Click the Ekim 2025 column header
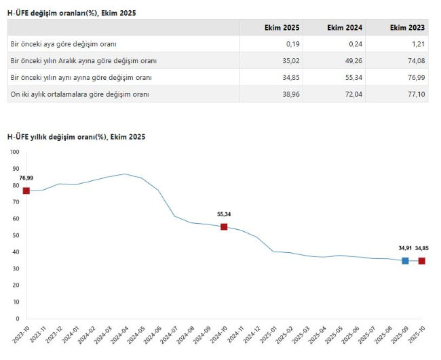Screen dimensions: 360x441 [x=282, y=28]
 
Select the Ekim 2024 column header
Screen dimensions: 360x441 [x=345, y=28]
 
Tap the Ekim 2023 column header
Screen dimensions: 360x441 [x=408, y=28]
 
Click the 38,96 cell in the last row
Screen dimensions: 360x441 [x=288, y=94]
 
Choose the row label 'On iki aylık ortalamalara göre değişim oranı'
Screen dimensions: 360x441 [x=80, y=94]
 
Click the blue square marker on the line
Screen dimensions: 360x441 [x=405, y=261]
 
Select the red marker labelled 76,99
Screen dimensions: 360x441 [x=26, y=191]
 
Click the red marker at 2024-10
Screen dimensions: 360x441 [x=224, y=226]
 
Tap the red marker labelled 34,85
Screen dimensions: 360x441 [x=421, y=261]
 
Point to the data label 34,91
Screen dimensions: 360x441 [x=405, y=248]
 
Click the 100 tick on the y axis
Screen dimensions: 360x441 [x=15, y=152]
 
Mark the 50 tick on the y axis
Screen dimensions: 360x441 [x=16, y=235]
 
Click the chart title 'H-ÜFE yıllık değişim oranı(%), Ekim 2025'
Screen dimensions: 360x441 [x=76, y=137]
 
